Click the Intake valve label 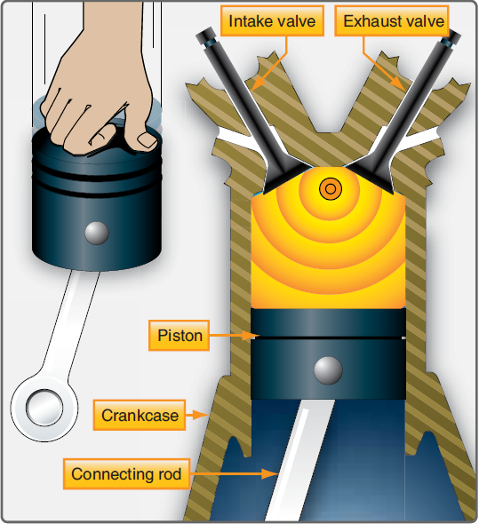click(271, 20)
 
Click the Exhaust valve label click(392, 20)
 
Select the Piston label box click(180, 337)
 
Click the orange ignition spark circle click(331, 187)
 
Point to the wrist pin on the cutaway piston click(329, 369)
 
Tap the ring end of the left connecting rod click(43, 409)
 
